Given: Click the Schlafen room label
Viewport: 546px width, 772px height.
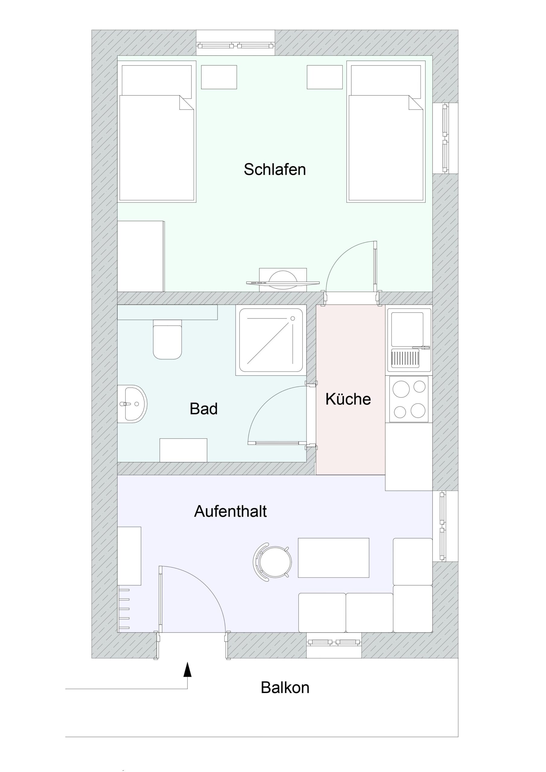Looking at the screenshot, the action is click(275, 169).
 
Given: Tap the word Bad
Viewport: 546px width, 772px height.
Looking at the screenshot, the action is click(204, 409).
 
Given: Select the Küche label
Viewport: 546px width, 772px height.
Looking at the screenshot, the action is click(348, 399).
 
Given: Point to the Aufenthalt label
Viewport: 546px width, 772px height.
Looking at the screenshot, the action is click(230, 511).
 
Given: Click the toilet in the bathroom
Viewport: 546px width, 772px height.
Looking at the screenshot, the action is click(167, 339).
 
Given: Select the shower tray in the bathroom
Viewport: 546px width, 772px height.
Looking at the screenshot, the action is click(271, 340).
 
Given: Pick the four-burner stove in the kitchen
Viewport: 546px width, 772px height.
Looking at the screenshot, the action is click(409, 399).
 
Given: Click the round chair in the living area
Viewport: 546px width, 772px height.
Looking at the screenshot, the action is click(272, 562).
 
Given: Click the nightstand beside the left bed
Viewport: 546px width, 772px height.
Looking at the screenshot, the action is click(219, 77).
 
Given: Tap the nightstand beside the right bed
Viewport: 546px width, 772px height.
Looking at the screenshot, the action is click(325, 77).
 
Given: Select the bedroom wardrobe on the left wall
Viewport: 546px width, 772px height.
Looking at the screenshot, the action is click(141, 256).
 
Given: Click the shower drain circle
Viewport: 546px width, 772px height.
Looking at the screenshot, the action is click(293, 318).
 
